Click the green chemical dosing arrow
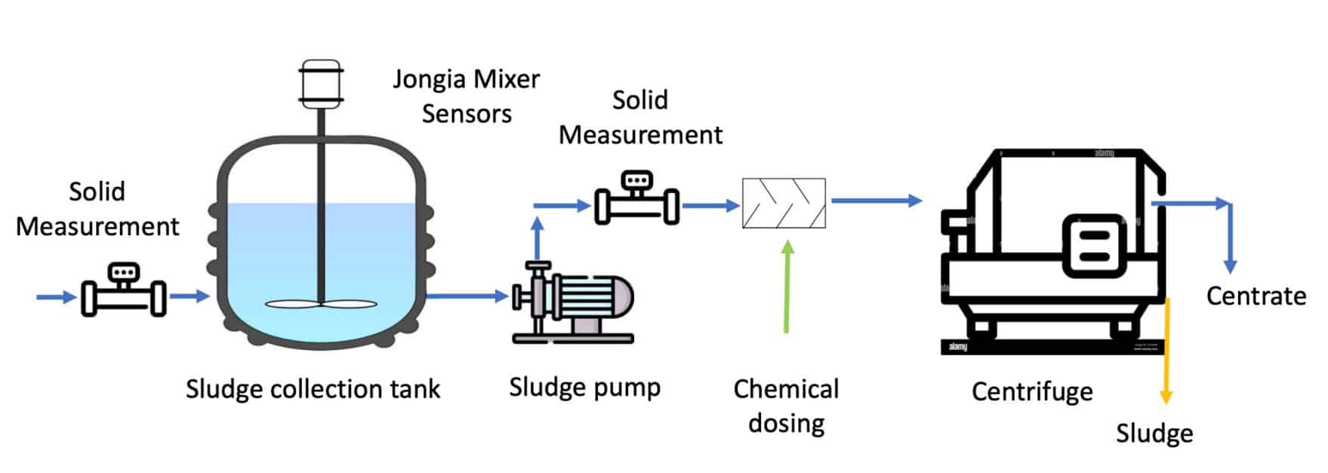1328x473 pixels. coord(787,287)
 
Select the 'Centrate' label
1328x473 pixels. coord(1256,296)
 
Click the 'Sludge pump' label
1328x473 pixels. coord(584,387)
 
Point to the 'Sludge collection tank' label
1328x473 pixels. coord(313,389)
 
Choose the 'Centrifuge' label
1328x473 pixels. coord(1031,392)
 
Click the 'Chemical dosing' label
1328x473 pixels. coord(786,406)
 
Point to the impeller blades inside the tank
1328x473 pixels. coord(321,305)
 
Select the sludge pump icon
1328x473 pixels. coord(574,302)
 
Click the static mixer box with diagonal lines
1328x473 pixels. coord(784,203)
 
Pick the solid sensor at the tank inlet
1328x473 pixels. coord(124,290)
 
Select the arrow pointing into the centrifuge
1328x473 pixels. coord(876,201)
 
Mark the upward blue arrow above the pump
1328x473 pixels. coord(537,238)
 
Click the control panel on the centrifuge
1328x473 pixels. coord(1095,245)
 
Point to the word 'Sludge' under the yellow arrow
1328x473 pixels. coord(1154,434)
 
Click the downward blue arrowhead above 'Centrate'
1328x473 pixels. coord(1230,266)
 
